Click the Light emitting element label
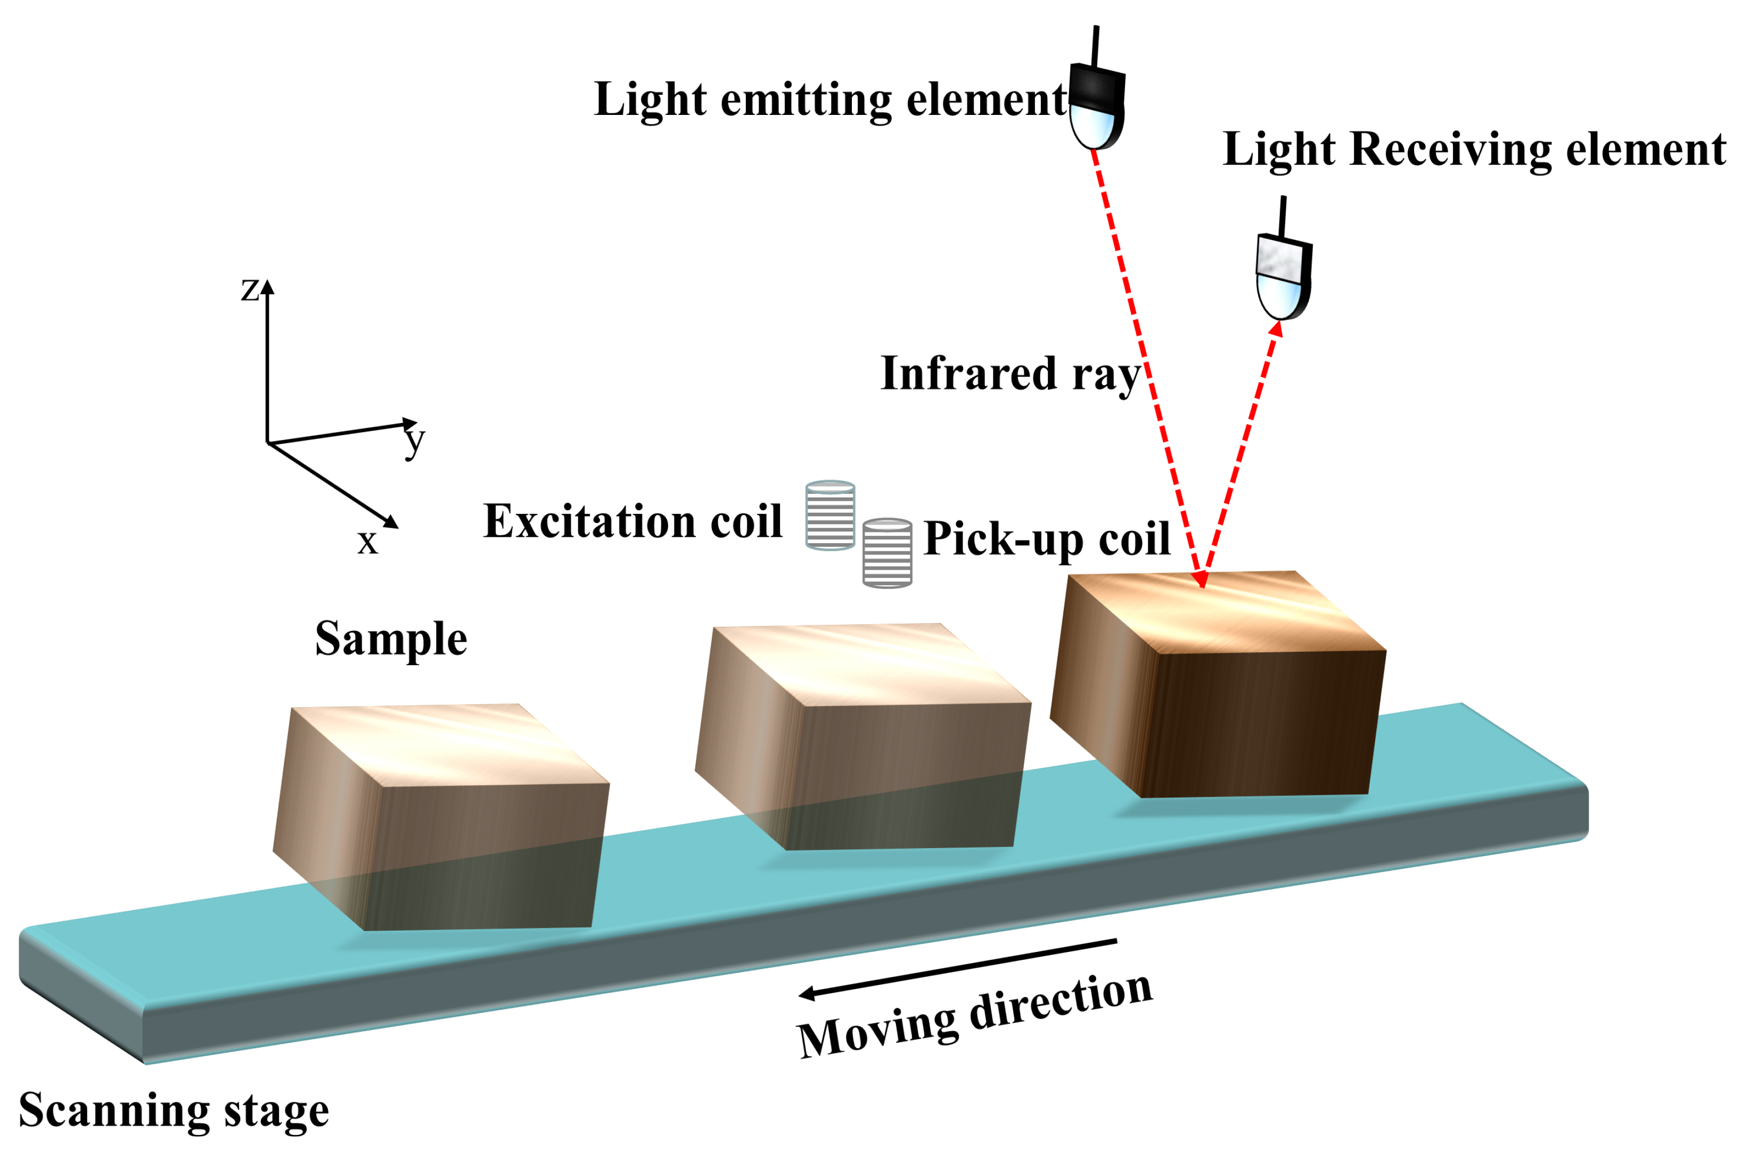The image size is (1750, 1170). (829, 100)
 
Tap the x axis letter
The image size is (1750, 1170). (367, 541)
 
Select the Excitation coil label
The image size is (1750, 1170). (632, 521)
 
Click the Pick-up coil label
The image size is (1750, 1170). (1046, 538)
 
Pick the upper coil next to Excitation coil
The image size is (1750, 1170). (830, 516)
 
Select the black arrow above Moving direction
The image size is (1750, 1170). (957, 968)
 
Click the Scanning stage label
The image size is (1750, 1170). (173, 1110)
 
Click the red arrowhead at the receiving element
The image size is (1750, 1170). (1277, 329)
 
